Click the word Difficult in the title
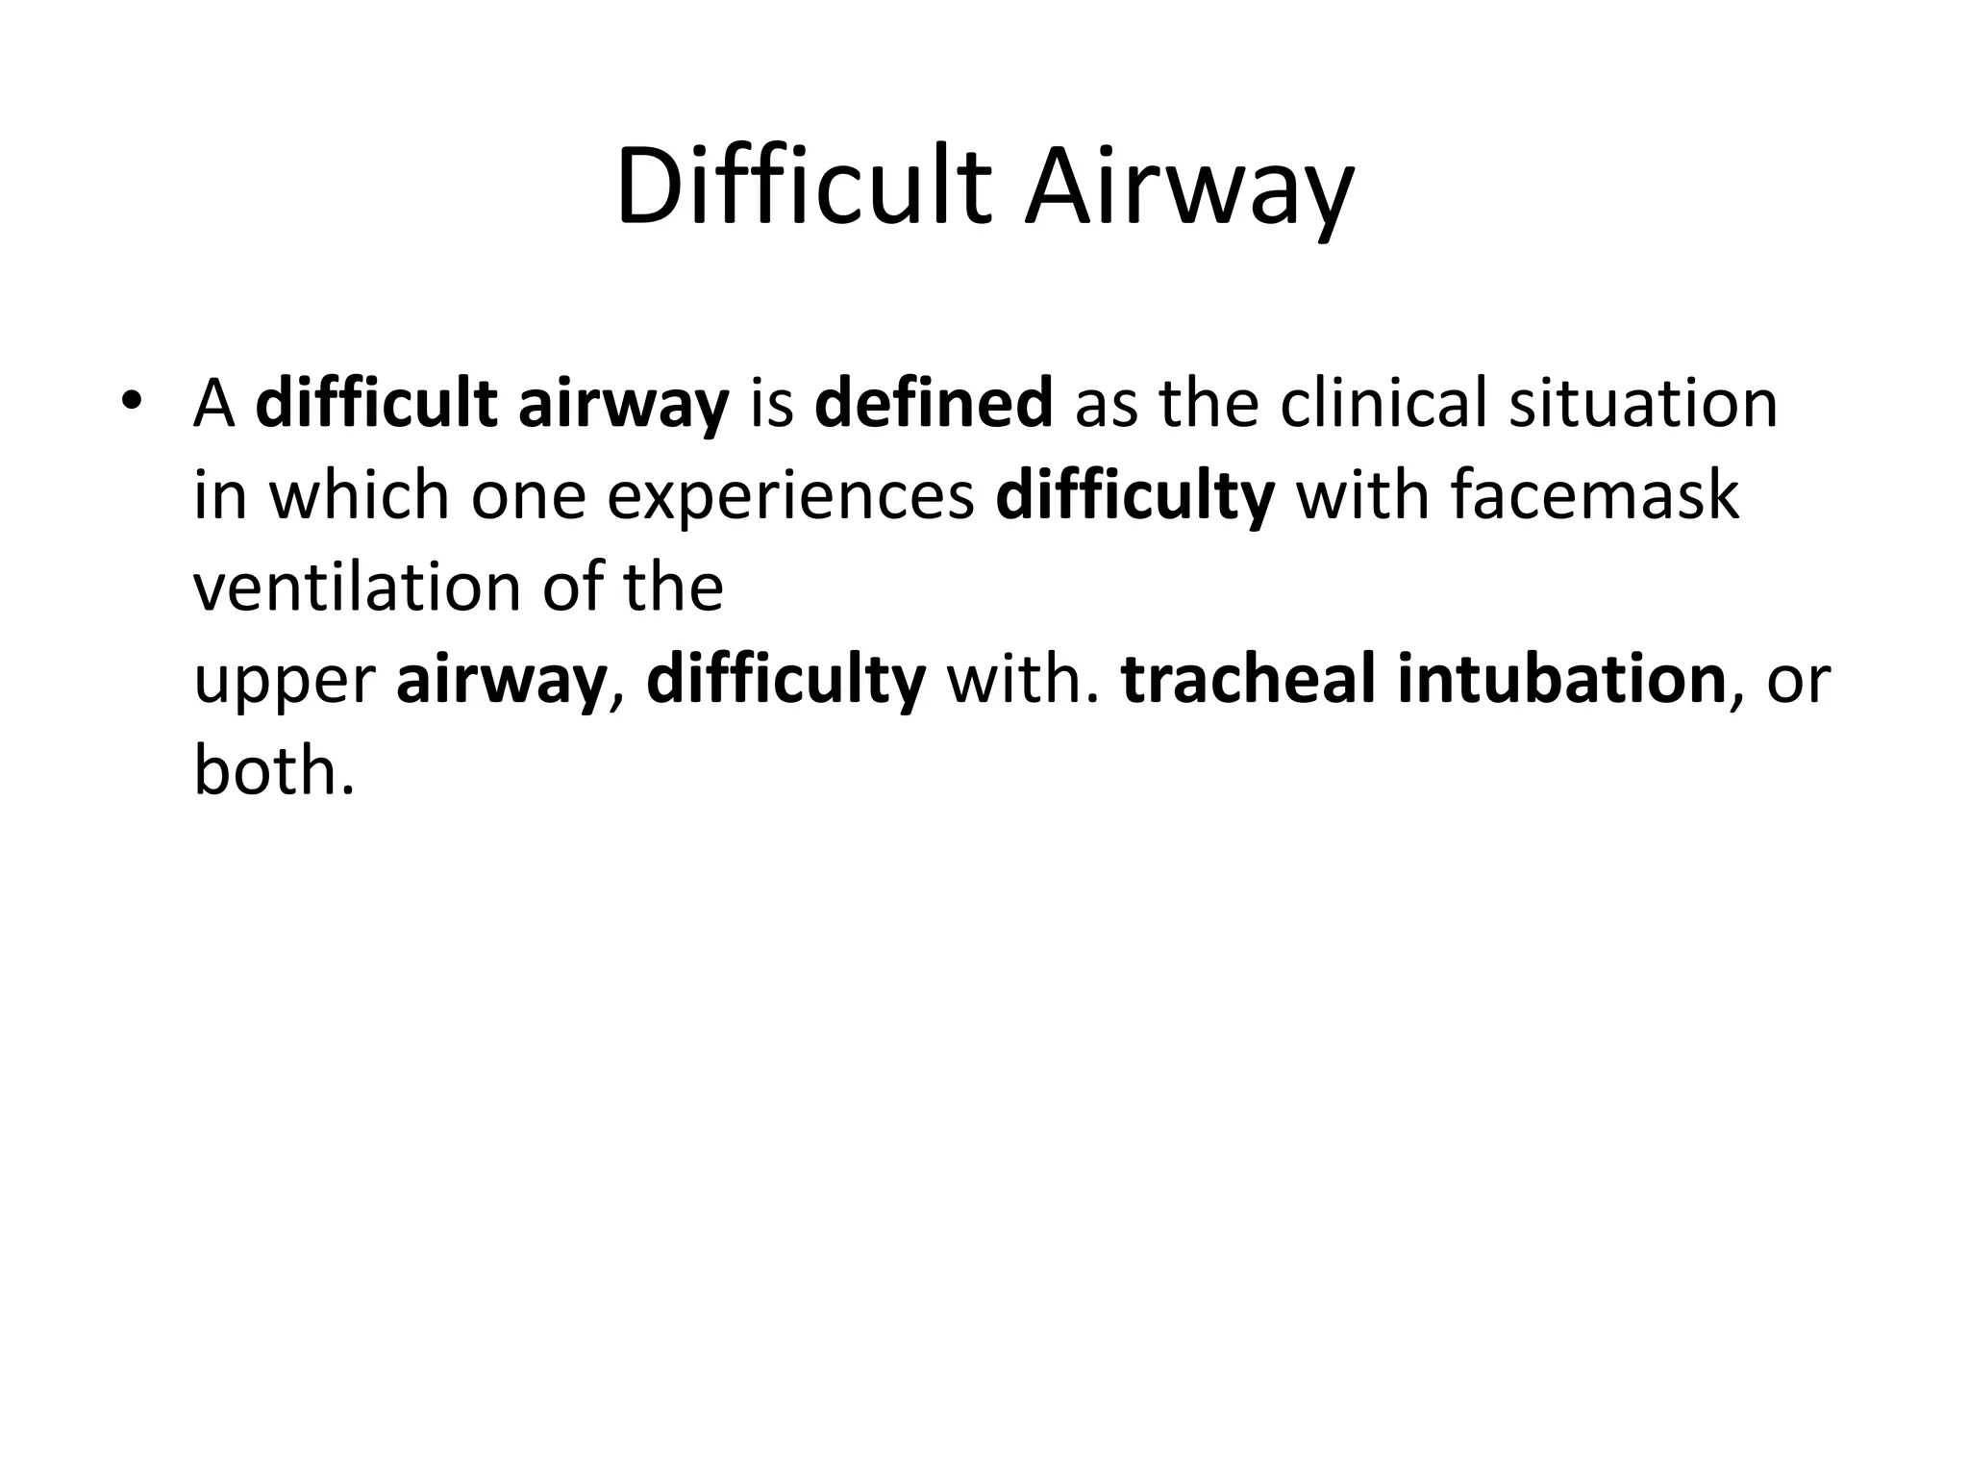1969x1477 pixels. click(x=804, y=187)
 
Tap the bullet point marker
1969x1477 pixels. click(x=132, y=400)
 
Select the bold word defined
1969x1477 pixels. click(x=934, y=404)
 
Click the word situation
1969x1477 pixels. click(x=1643, y=404)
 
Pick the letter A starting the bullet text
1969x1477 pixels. click(x=213, y=404)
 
